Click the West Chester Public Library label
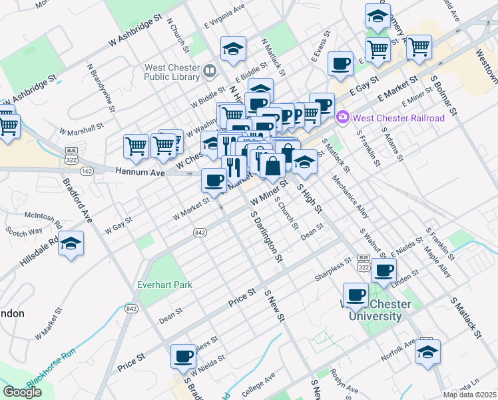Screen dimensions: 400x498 click(x=172, y=74)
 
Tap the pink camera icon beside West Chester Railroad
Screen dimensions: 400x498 click(x=343, y=118)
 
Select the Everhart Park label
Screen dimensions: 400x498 click(x=164, y=285)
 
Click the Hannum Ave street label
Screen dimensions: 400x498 click(x=139, y=171)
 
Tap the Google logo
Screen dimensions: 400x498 click(x=22, y=392)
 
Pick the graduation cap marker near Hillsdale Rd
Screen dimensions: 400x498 click(x=71, y=245)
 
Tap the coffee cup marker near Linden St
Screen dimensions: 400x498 click(x=383, y=270)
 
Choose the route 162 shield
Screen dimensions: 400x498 click(x=87, y=171)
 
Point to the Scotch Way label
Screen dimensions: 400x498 click(x=24, y=231)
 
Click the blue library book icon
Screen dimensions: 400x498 click(x=210, y=70)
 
